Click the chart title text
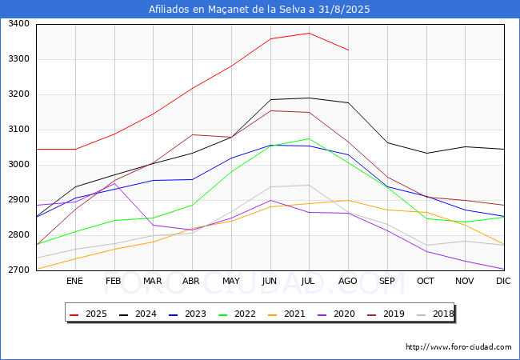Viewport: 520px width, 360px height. [x=259, y=10]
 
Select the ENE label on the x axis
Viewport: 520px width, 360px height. [x=74, y=281]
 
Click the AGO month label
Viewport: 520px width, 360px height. [x=348, y=281]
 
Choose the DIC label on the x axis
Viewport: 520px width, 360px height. [x=503, y=281]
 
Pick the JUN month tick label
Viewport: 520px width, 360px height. [x=270, y=281]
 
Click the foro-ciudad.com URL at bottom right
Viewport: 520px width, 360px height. [x=458, y=347]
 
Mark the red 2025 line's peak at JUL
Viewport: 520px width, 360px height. [x=309, y=33]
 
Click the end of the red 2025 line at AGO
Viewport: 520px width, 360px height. [x=348, y=50]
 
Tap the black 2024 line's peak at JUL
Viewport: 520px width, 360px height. [x=309, y=98]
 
